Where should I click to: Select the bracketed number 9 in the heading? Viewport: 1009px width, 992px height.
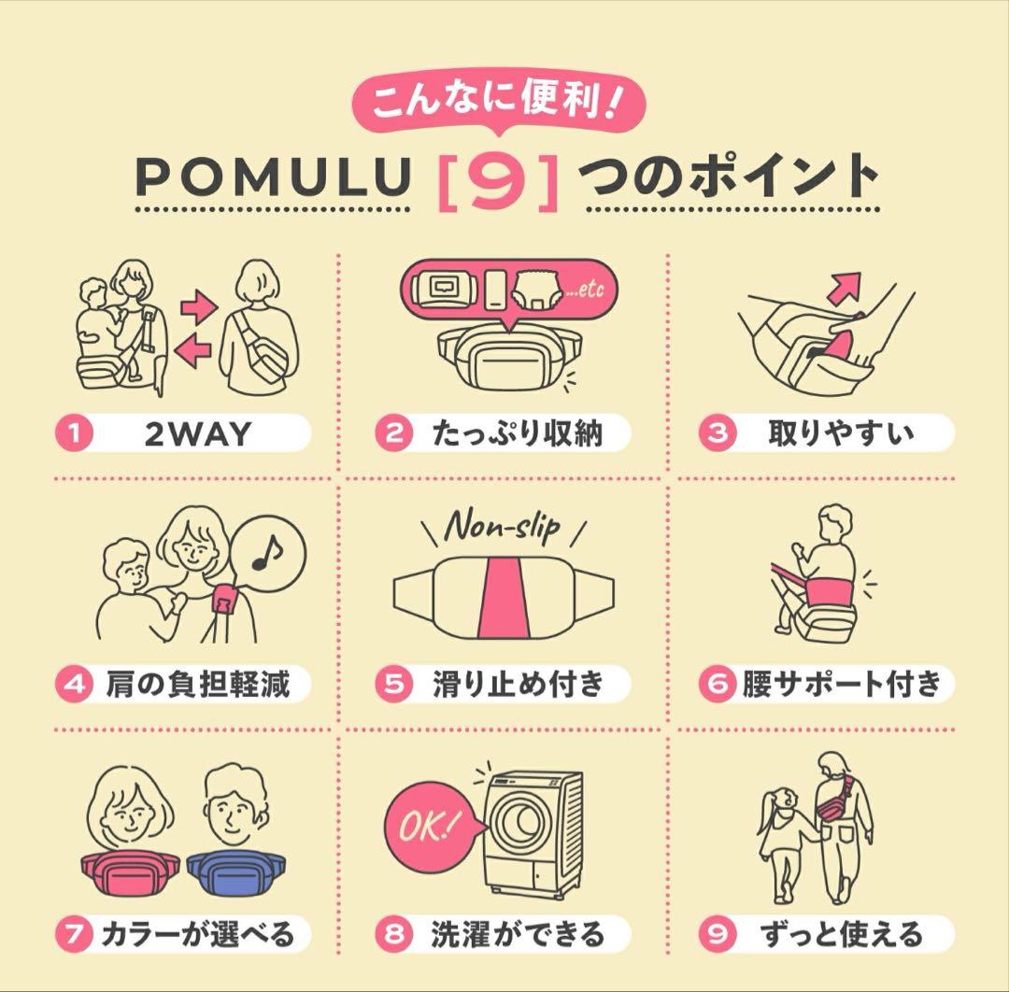[497, 177]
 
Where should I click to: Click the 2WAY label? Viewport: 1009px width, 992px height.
[198, 433]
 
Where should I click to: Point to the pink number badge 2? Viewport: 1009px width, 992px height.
[393, 433]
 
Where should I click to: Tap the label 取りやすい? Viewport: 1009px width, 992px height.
[841, 433]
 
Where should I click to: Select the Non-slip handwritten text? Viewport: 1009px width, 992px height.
[503, 526]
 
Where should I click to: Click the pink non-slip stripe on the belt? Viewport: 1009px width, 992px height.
[504, 598]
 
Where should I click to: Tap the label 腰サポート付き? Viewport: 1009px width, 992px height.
[841, 685]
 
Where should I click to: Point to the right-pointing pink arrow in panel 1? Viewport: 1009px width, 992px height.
[197, 305]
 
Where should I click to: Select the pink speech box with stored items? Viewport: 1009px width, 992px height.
[504, 291]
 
